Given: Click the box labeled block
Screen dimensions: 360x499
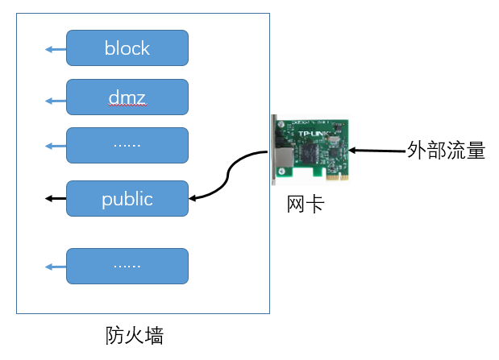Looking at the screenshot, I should pyautogui.click(x=127, y=48).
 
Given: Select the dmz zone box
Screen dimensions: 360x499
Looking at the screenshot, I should pyautogui.click(x=127, y=97).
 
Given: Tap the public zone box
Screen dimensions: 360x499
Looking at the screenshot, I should pyautogui.click(x=127, y=198).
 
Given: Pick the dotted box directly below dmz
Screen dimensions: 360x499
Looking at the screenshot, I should pyautogui.click(x=127, y=145).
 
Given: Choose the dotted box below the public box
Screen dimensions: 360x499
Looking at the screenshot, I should pyautogui.click(x=127, y=266).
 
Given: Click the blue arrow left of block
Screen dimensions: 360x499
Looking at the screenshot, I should pyautogui.click(x=55, y=50).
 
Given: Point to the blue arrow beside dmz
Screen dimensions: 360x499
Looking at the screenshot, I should pyautogui.click(x=55, y=101).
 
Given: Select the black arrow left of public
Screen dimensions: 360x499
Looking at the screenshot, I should pyautogui.click(x=55, y=198).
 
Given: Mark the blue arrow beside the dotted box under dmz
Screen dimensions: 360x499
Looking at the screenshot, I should pyautogui.click(x=55, y=146).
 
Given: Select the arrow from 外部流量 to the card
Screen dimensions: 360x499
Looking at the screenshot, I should pyautogui.click(x=379, y=151).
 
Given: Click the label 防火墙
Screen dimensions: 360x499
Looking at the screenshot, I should pyautogui.click(x=135, y=335).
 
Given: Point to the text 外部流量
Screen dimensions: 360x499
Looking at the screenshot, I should pyautogui.click(x=446, y=151).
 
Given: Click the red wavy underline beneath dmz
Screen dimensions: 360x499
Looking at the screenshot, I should pyautogui.click(x=127, y=106).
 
